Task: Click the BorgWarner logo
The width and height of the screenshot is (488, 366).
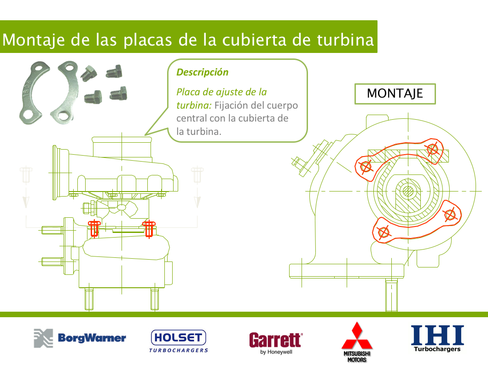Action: pos(80,338)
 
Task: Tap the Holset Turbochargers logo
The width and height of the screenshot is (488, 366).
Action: pos(179,341)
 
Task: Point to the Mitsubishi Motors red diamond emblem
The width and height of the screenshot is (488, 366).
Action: pos(357,336)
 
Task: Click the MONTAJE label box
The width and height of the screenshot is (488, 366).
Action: pos(395,93)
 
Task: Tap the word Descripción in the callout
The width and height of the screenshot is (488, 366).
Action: pos(202,72)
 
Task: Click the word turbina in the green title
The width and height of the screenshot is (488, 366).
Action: pos(345,40)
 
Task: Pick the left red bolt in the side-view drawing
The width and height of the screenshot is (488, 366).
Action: pos(94,229)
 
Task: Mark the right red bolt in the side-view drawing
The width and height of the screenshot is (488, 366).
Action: pos(149,229)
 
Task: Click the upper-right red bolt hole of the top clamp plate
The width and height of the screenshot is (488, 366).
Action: pos(433,150)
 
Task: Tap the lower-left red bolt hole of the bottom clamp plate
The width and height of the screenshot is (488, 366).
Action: pos(383,232)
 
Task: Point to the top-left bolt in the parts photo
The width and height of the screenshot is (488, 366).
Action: pos(89,73)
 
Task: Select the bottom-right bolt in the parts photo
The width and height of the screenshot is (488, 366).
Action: pos(119,93)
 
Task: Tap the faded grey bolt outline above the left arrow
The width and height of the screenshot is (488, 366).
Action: pos(26,175)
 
